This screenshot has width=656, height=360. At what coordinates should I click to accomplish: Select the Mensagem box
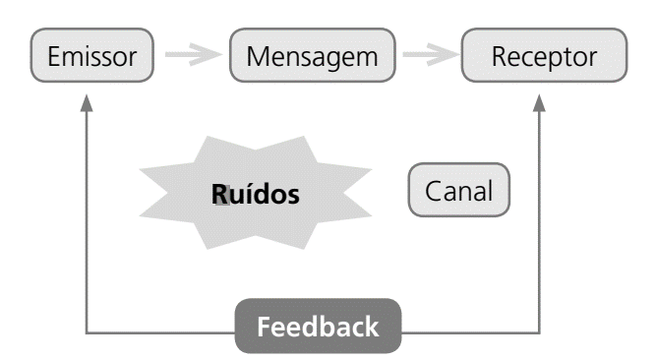pyautogui.click(x=312, y=56)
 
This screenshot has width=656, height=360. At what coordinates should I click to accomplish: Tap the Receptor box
pyautogui.click(x=544, y=56)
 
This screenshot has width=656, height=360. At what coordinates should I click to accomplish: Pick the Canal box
pyautogui.click(x=459, y=191)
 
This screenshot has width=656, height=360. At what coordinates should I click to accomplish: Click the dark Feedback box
pyautogui.click(x=318, y=326)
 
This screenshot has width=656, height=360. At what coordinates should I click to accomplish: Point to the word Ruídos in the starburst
pyautogui.click(x=255, y=194)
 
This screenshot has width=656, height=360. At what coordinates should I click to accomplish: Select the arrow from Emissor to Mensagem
pyautogui.click(x=191, y=56)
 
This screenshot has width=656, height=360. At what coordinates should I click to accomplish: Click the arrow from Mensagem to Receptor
pyautogui.click(x=430, y=56)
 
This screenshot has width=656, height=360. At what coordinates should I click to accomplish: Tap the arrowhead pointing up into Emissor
pyautogui.click(x=88, y=103)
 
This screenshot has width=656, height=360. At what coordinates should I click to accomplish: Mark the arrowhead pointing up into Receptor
pyautogui.click(x=540, y=103)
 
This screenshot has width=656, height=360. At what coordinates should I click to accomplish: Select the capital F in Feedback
pyautogui.click(x=264, y=327)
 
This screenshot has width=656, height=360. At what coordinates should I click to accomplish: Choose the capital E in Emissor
pyautogui.click(x=53, y=56)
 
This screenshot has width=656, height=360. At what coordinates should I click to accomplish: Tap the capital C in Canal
pyautogui.click(x=431, y=191)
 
